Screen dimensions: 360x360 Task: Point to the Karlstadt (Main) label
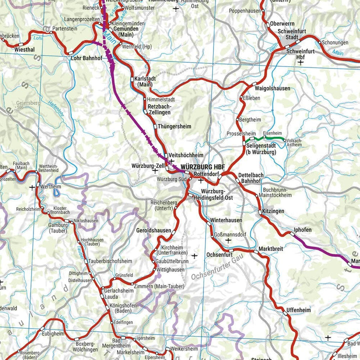click(143, 81)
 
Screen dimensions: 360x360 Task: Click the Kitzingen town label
click(272, 211)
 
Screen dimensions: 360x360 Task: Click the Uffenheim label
click(298, 310)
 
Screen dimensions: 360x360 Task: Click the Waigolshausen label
click(272, 88)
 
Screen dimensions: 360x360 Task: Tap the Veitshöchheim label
click(186, 155)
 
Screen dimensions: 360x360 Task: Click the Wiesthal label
click(24, 50)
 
